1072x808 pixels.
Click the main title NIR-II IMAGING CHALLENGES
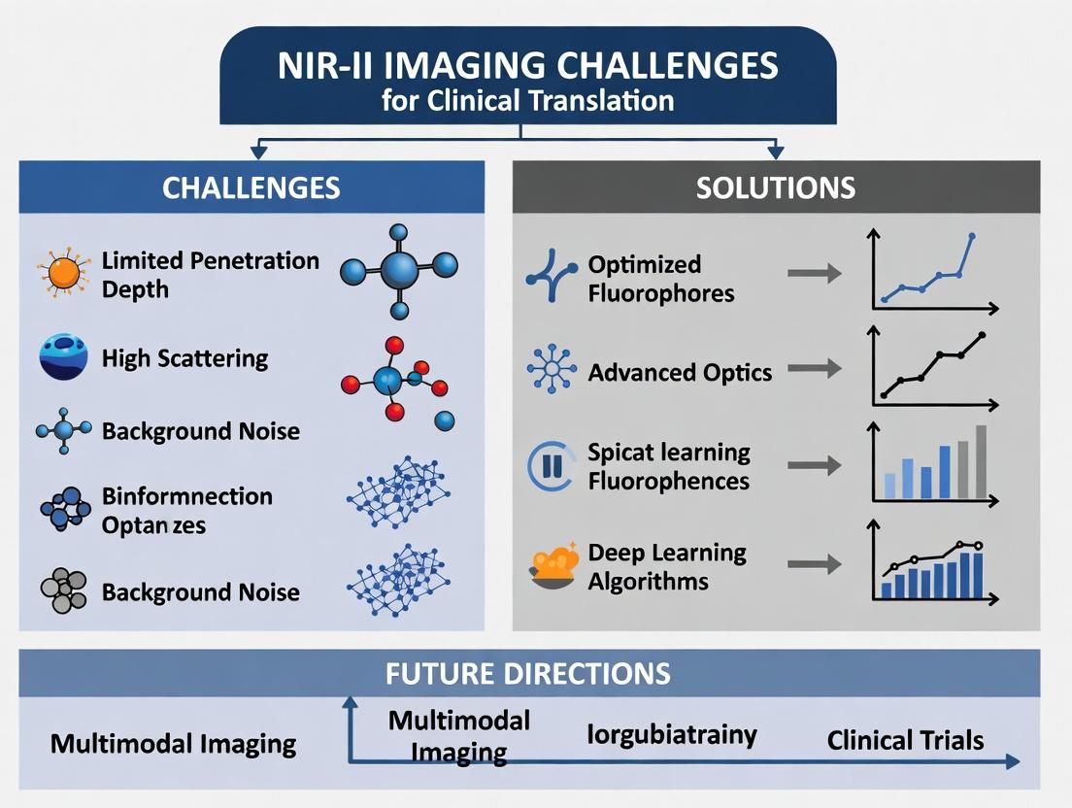528,66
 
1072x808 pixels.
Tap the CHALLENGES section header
251,187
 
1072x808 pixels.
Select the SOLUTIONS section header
775,187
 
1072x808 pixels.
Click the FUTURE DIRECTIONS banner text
527,673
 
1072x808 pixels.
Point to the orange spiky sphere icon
63,273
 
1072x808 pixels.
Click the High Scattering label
184,358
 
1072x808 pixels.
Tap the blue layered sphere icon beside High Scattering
63,356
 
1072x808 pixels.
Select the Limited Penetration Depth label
210,275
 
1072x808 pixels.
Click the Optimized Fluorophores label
660,279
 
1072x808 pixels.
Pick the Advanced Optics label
680,372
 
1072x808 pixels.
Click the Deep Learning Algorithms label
667,567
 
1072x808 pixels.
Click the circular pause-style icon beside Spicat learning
551,465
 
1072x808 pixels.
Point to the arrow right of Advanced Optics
814,369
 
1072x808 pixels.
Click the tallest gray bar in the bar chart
981,461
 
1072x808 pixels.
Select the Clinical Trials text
905,741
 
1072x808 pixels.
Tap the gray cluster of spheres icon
63,589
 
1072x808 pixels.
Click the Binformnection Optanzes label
186,510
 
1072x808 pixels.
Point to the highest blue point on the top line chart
972,236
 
